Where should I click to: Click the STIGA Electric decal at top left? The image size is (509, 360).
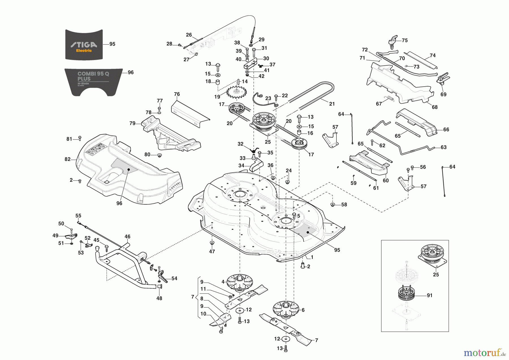tap(84, 45)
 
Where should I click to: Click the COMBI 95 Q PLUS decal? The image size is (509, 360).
tap(93, 81)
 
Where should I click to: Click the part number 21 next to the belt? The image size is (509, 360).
tap(332, 104)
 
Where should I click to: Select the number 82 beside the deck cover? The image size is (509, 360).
tap(67, 159)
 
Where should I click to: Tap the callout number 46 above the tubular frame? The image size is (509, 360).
tap(128, 237)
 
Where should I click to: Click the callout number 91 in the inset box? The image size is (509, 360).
tap(430, 295)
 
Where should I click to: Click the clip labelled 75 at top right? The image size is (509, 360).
tap(393, 41)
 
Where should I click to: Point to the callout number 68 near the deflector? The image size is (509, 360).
tap(435, 107)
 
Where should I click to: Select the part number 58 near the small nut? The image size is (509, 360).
tap(344, 205)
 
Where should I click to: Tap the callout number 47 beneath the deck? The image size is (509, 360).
tap(212, 251)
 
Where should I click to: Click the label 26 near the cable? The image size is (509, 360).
tap(189, 35)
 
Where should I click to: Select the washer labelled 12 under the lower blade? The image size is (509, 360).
tap(286, 339)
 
